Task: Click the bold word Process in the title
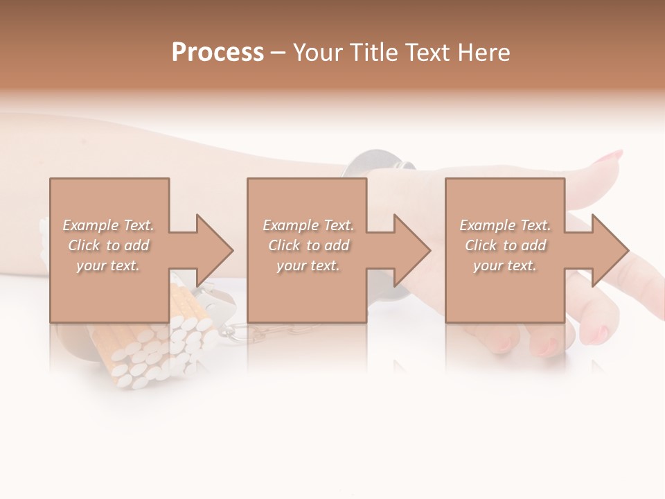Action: point(218,52)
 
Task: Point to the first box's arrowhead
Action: point(215,250)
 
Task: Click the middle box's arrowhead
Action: point(412,250)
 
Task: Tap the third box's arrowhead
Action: point(610,250)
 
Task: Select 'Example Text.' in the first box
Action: point(108,225)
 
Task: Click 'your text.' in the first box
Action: point(108,265)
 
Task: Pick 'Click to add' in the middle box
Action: point(308,245)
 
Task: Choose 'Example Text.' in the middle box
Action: point(308,225)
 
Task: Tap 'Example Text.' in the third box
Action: point(505,225)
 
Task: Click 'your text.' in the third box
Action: point(505,265)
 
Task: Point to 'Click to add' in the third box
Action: point(505,245)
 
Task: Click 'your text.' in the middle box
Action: point(308,265)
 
